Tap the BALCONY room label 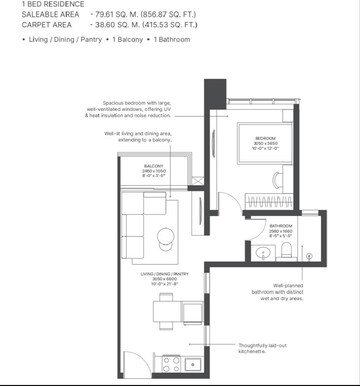coord(153,167)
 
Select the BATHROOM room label coord(281,228)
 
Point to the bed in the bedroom coord(262,150)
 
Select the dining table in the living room coord(165,311)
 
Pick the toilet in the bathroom coord(288,249)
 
